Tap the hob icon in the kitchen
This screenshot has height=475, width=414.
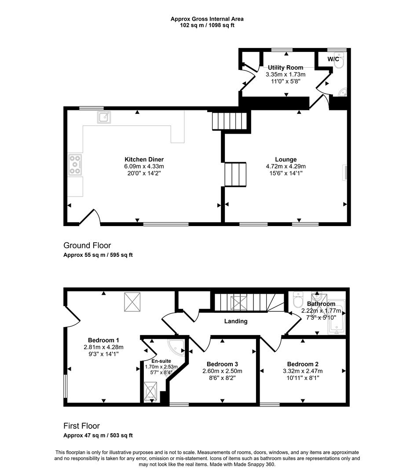point(75,164)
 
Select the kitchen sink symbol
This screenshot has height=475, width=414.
point(104,117)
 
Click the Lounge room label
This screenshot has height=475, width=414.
point(286,159)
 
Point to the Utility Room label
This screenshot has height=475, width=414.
point(286,67)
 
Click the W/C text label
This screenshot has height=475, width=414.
point(333,59)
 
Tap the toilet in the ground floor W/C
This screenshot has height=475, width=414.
point(338,64)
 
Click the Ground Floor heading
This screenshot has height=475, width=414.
point(87,245)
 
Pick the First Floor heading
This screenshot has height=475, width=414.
point(81,426)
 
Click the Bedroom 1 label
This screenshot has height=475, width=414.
point(103,340)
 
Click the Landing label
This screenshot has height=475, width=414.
point(235,321)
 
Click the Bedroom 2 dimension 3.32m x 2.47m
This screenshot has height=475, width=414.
point(303,371)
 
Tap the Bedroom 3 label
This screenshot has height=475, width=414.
point(222,364)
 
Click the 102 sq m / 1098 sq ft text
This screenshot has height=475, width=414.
point(207,25)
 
